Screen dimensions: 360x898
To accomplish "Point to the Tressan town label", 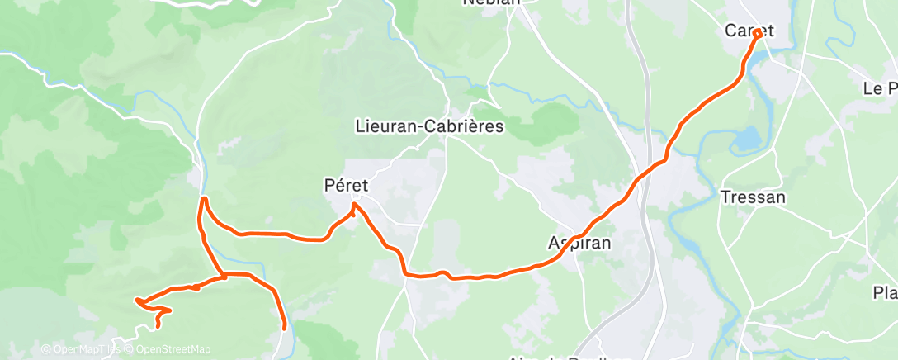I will (753, 197).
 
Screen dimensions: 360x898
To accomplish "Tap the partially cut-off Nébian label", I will (492, 3).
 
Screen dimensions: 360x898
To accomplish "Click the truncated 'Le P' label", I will (880, 88).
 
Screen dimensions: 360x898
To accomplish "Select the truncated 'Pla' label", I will (885, 293).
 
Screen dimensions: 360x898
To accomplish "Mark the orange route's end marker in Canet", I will (757, 35).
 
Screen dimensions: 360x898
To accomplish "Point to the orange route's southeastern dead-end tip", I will (285, 328).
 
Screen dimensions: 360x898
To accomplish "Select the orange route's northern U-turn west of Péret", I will (204, 200).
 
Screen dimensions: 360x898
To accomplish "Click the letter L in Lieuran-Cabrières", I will (360, 127).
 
